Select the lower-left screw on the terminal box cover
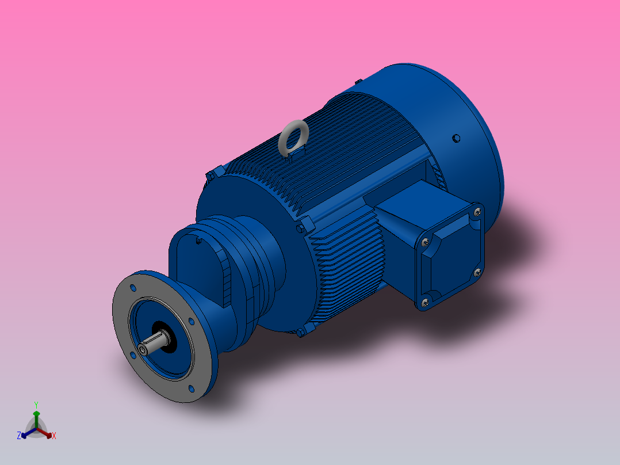425,301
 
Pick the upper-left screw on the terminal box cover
425,242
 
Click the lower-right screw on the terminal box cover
476,272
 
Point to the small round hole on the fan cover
456,138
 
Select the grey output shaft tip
144,349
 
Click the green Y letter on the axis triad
36,405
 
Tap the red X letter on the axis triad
54,436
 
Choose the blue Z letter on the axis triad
19,436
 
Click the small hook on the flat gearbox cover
198,241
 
